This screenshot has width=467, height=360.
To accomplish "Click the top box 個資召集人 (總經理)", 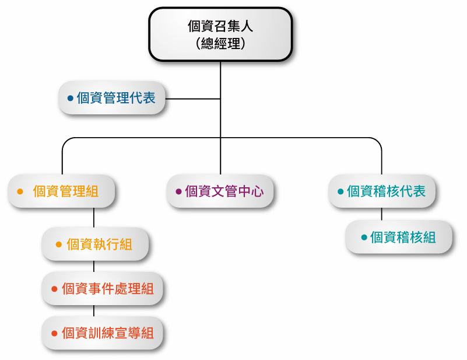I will click(x=220, y=34).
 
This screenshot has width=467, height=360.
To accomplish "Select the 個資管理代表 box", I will click(x=112, y=98).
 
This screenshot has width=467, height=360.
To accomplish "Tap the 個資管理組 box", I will click(x=62, y=191).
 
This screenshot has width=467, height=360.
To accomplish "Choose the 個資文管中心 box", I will click(x=220, y=191).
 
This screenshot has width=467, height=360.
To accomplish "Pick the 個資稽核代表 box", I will click(x=382, y=191).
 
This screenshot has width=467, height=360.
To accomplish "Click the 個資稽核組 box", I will click(x=399, y=237).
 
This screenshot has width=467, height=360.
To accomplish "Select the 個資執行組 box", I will click(x=94, y=244).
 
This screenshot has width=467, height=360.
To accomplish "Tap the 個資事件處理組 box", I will click(x=103, y=289).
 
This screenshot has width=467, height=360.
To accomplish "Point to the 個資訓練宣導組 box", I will click(x=103, y=333).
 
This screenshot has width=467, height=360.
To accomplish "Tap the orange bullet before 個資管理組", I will click(x=20, y=191).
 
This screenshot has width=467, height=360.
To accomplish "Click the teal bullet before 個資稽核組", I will click(x=364, y=237).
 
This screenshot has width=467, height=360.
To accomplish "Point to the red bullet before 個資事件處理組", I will click(x=54, y=289).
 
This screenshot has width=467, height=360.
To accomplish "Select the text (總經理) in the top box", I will click(x=220, y=44).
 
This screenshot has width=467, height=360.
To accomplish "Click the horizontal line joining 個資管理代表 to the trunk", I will click(x=192, y=99).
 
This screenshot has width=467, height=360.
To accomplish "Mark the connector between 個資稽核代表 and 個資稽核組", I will click(x=382, y=214).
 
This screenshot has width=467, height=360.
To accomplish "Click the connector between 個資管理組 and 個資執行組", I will click(x=94, y=217).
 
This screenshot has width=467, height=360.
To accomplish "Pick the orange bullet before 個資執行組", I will click(x=58, y=244).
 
